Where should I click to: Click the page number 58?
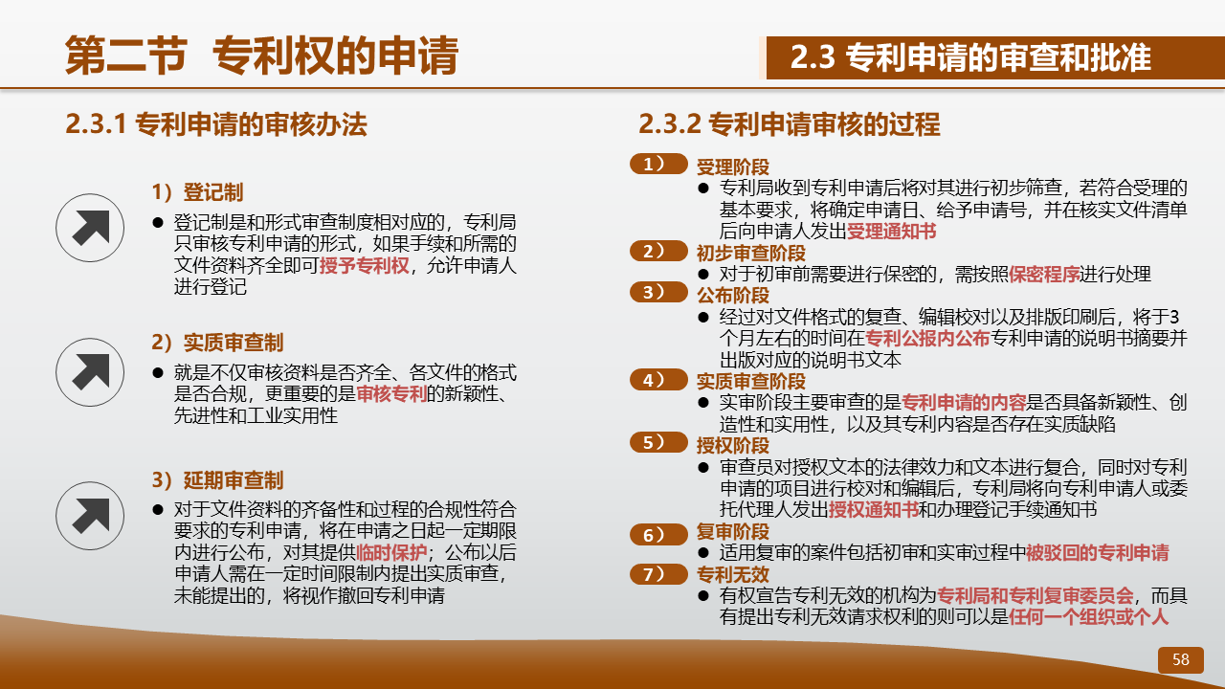[1181, 659]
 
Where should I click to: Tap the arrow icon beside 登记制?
[90, 228]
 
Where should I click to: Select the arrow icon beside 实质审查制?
[90, 372]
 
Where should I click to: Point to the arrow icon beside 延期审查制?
[90, 516]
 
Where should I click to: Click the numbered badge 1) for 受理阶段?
[658, 164]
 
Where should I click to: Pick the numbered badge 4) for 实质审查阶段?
[658, 380]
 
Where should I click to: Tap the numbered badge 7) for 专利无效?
[658, 574]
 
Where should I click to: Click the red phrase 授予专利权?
[365, 265]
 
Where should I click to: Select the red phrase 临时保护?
[391, 552]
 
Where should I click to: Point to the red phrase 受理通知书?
[891, 231]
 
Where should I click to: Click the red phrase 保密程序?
[1044, 274]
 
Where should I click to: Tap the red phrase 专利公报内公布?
[927, 339]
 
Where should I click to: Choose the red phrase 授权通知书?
[874, 510]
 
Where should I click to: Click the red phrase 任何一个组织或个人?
[1088, 617]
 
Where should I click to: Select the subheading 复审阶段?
[733, 531]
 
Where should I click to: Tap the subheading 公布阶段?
[733, 296]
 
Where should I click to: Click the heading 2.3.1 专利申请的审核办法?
[216, 124]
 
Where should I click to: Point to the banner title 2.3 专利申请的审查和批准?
[970, 57]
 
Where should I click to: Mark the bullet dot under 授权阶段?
[703, 468]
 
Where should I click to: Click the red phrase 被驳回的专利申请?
[1098, 552]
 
